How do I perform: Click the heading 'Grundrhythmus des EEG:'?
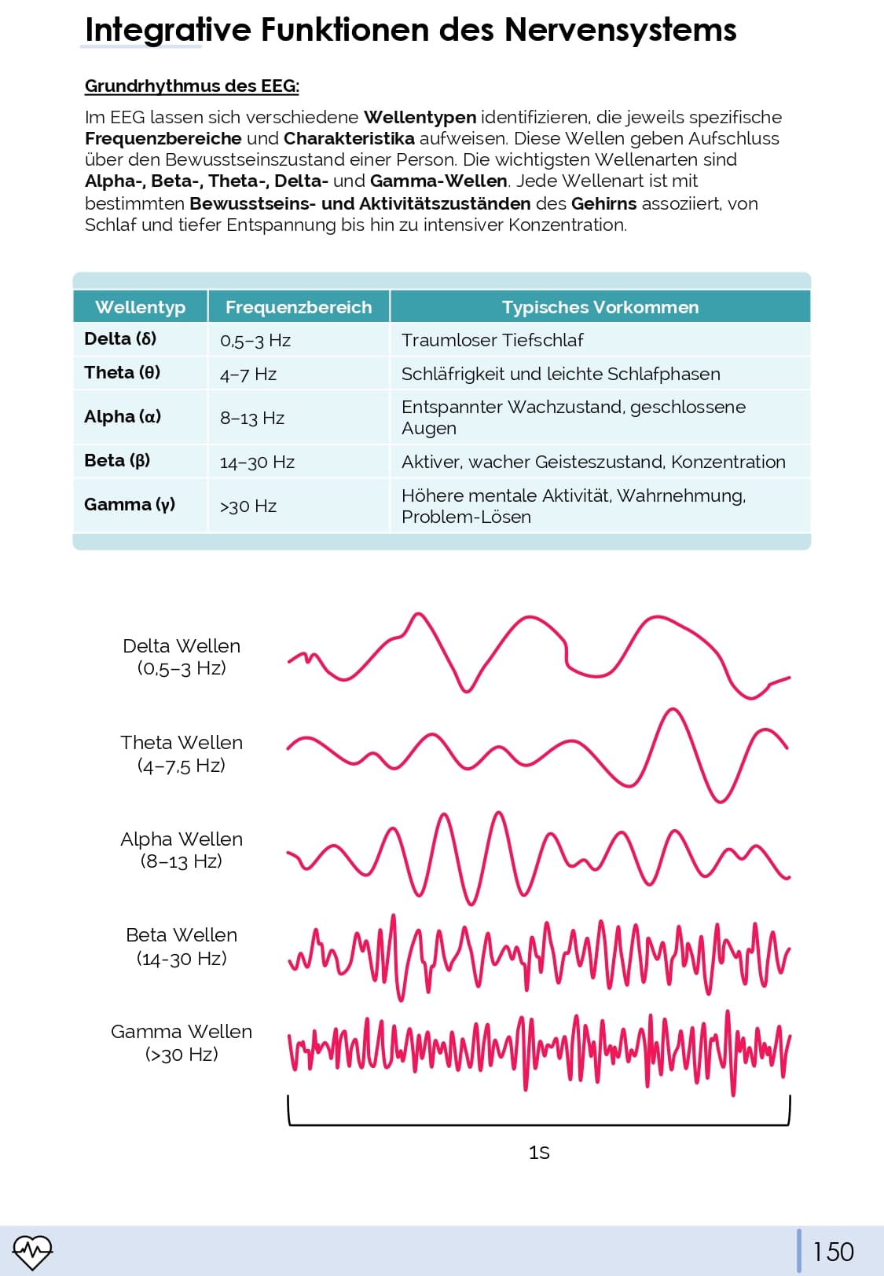192,86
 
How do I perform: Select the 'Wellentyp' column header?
140,307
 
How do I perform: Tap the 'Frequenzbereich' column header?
299,307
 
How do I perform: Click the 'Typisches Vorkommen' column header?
600,307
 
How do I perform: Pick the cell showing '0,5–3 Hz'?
255,341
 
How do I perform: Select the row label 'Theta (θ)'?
122,373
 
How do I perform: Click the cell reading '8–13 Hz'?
251,418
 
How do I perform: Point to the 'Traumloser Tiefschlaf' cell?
492,340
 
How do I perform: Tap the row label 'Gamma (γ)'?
129,505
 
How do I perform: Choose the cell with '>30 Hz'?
248,506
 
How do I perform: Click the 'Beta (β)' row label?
117,461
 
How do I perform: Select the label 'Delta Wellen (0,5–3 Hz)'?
182,656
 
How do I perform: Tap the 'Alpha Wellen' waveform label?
182,850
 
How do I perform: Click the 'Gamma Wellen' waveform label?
182,1042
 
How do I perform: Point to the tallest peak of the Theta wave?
673,711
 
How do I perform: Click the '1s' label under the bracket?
539,1153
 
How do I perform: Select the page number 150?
833,1251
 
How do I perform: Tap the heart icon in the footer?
32,1252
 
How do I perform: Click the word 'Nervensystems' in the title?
620,30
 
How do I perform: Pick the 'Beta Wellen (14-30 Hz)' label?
182,946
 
